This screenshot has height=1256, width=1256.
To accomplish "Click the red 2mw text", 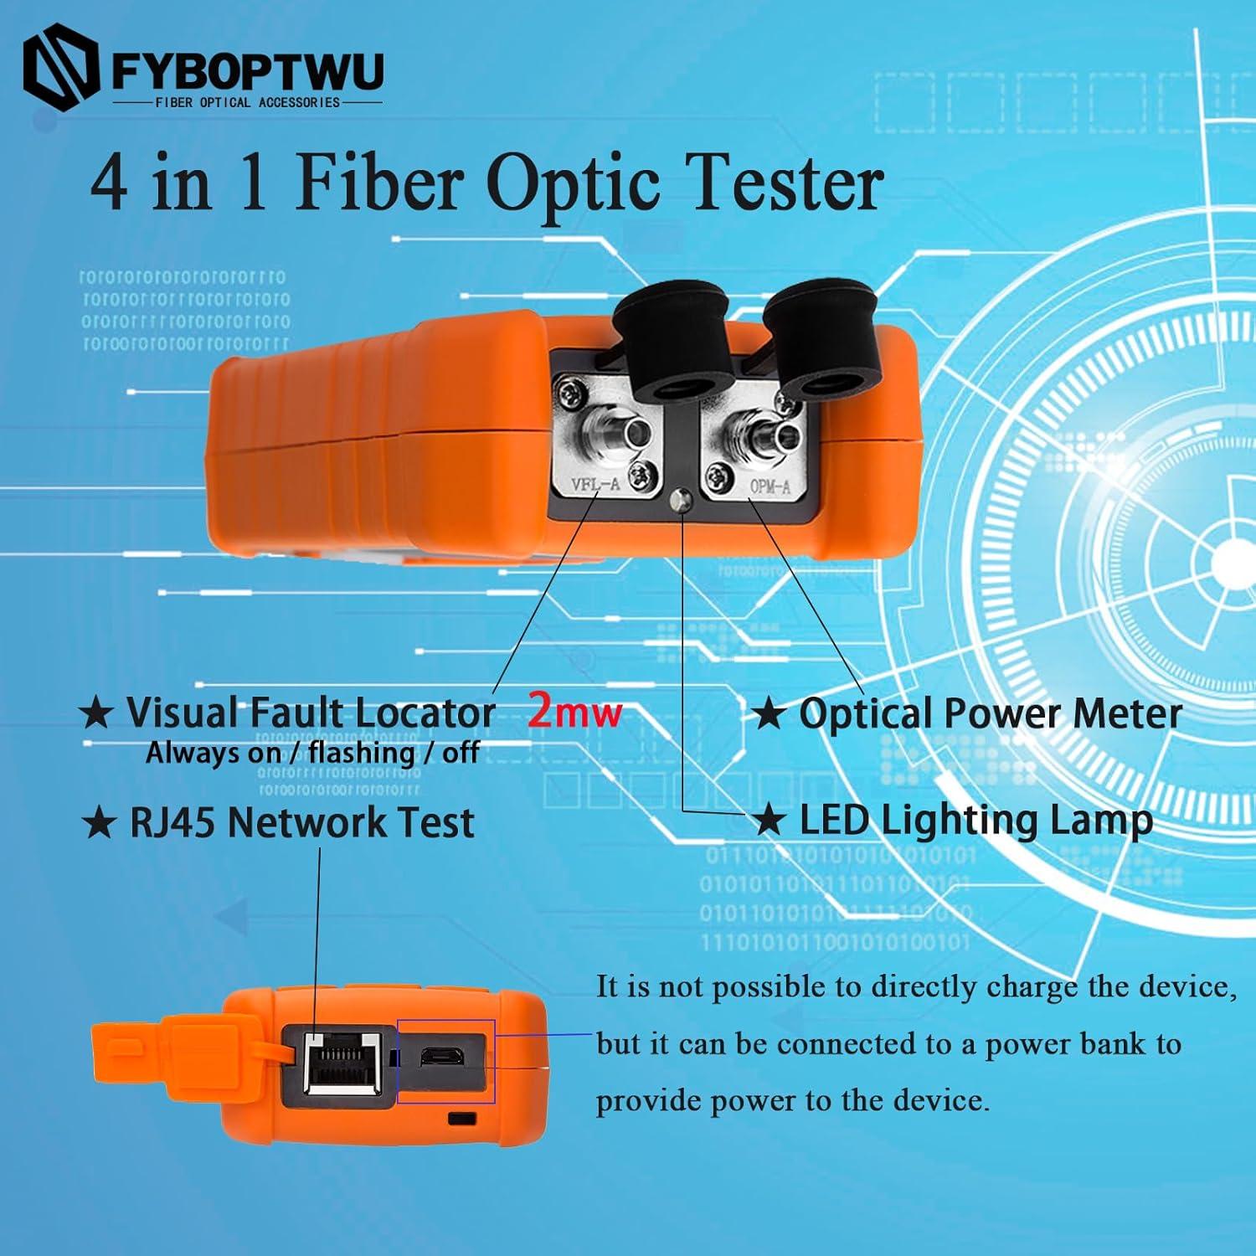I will [574, 712].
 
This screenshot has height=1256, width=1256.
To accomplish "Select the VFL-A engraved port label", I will [595, 484].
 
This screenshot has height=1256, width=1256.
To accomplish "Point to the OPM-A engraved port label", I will [770, 485].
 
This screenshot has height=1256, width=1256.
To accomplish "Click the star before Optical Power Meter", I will [767, 714].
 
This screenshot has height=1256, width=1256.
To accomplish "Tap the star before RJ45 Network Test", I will [99, 822].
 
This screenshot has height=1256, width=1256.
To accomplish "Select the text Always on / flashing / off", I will [312, 753].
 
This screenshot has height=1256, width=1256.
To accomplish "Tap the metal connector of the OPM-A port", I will [768, 437].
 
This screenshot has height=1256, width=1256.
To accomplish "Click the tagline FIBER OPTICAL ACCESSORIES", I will [248, 102].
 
